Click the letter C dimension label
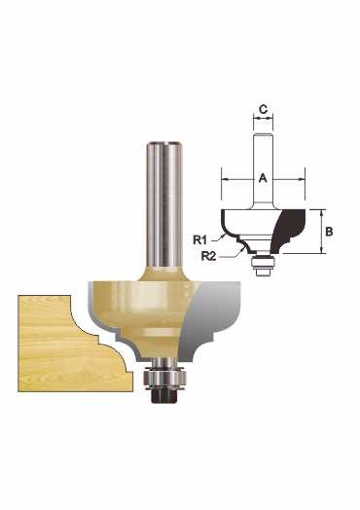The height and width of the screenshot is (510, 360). coord(263,109)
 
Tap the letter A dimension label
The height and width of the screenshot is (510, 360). coord(263,178)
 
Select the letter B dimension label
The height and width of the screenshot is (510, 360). coord(329,232)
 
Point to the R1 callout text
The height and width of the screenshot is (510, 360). coord(200,240)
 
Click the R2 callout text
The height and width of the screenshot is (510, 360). coord(209,256)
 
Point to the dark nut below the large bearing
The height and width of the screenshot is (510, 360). coord(164,395)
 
